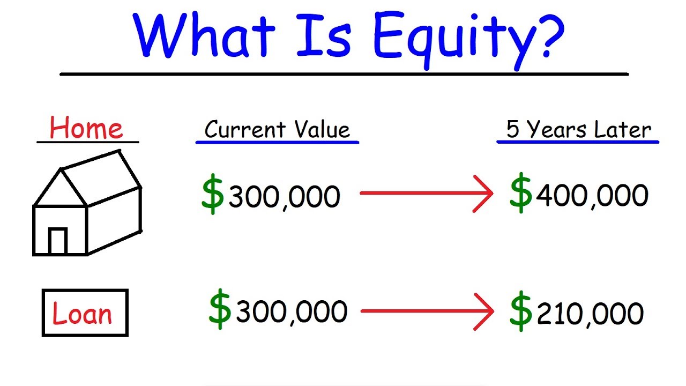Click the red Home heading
[86, 129]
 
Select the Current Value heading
[277, 130]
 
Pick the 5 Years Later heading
[578, 130]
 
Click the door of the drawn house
[58, 241]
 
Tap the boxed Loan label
[85, 314]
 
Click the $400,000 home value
[579, 195]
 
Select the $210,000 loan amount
[577, 313]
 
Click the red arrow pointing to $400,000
[426, 193]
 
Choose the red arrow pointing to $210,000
[427, 311]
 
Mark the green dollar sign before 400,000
[520, 193]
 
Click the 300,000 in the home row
[284, 196]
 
